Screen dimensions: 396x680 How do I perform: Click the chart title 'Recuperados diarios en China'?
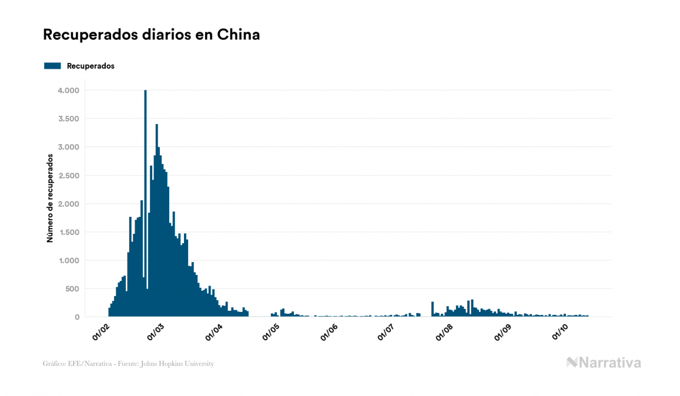click(x=151, y=35)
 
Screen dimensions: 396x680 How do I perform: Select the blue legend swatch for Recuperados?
click(x=52, y=66)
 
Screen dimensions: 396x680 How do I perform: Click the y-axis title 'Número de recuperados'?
click(x=50, y=198)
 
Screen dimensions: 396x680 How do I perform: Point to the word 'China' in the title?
click(x=239, y=35)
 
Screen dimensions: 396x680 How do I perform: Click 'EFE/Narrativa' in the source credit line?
click(x=82, y=364)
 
